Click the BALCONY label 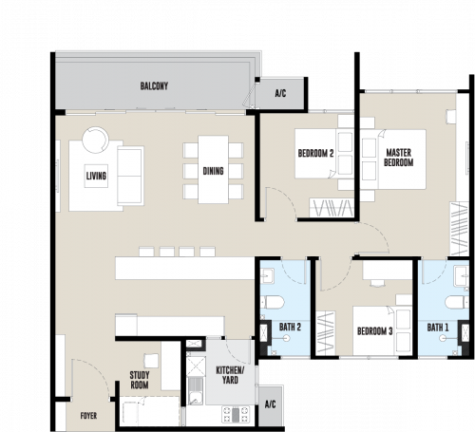pyautogui.click(x=154, y=86)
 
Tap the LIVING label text pyautogui.click(x=96, y=176)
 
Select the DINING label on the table pyautogui.click(x=213, y=171)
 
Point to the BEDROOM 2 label pyautogui.click(x=315, y=154)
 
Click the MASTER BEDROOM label pyautogui.click(x=399, y=158)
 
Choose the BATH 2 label pyautogui.click(x=290, y=327)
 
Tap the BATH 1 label pyautogui.click(x=438, y=328)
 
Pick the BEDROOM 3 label pyautogui.click(x=375, y=331)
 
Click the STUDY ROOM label pyautogui.click(x=140, y=380)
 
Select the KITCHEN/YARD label pyautogui.click(x=230, y=375)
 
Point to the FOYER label pyautogui.click(x=88, y=416)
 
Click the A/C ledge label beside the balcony pyautogui.click(x=280, y=93)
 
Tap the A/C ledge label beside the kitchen pyautogui.click(x=270, y=404)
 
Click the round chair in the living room pyautogui.click(x=95, y=141)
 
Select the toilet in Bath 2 pyautogui.click(x=272, y=302)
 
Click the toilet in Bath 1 pyautogui.click(x=457, y=302)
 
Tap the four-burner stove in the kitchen pyautogui.click(x=236, y=415)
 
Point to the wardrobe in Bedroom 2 pyautogui.click(x=332, y=208)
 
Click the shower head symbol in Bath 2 pyautogui.click(x=287, y=338)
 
